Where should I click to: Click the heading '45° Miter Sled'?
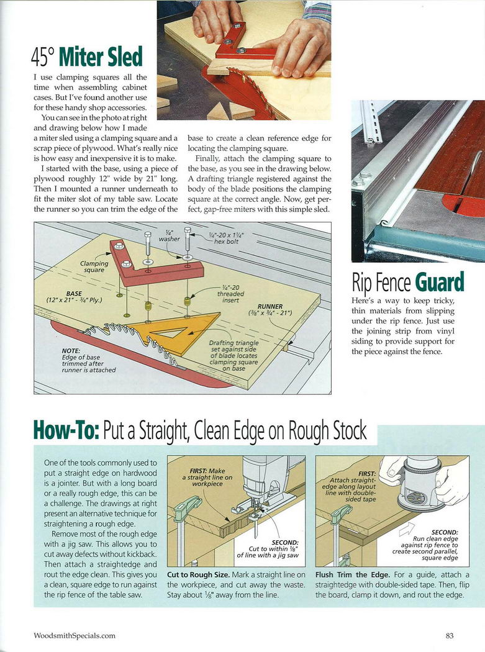87,57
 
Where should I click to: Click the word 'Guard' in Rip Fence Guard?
439,283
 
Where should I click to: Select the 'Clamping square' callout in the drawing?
94,266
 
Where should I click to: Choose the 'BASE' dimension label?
75,297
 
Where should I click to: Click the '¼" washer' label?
169,235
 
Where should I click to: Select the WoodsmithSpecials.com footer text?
75,635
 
